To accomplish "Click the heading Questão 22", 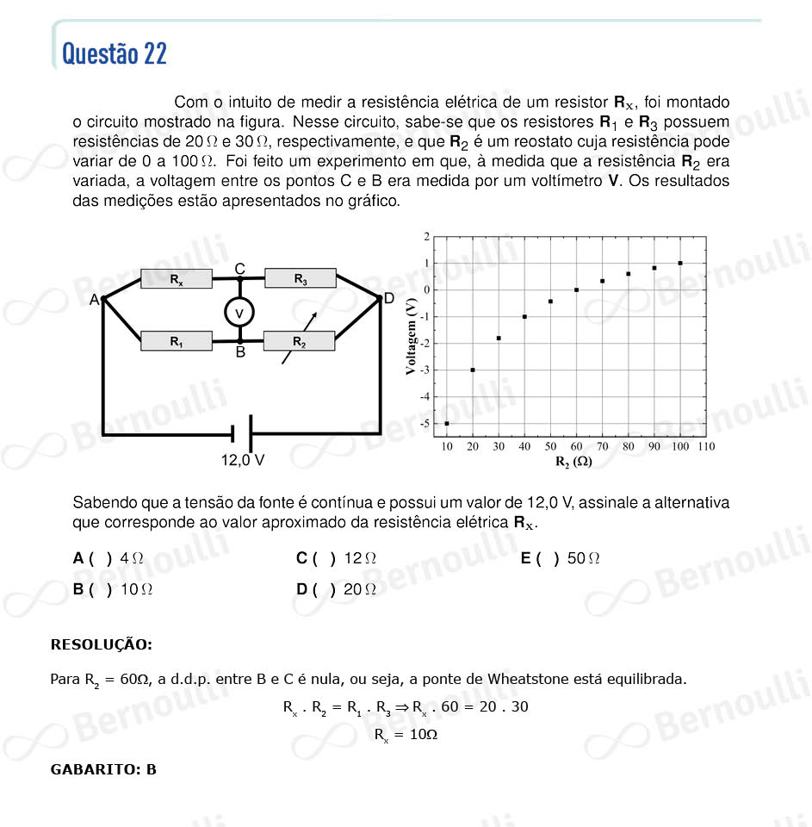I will pyautogui.click(x=115, y=54).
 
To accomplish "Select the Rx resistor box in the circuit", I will pyautogui.click(x=176, y=279).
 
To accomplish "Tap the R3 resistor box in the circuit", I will pyautogui.click(x=300, y=278).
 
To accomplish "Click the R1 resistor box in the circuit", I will pyautogui.click(x=176, y=341).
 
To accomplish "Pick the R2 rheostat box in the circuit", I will pyautogui.click(x=299, y=341).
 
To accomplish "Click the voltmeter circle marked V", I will pyautogui.click(x=240, y=311).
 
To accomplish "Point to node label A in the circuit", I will pyautogui.click(x=94, y=300).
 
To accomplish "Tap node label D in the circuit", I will pyautogui.click(x=388, y=298).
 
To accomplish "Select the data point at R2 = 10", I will pyautogui.click(x=447, y=423).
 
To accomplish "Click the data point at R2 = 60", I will pyautogui.click(x=576, y=289).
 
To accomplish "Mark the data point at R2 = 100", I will pyautogui.click(x=680, y=263).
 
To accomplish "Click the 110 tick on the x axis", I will pyautogui.click(x=706, y=446).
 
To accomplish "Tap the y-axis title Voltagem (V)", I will pyautogui.click(x=412, y=338).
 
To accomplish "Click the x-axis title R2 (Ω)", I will pyautogui.click(x=573, y=462).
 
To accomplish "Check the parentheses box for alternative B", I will pyautogui.click(x=100, y=590).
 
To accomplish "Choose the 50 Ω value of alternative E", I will pyautogui.click(x=583, y=558).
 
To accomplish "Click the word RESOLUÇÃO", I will pyautogui.click(x=102, y=644).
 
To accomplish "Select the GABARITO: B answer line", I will pyautogui.click(x=104, y=769).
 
